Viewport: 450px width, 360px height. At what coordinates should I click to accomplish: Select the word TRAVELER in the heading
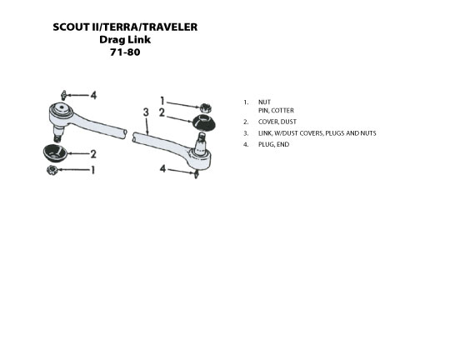pyautogui.click(x=170, y=27)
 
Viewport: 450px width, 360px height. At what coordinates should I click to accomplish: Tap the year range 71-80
pyautogui.click(x=125, y=52)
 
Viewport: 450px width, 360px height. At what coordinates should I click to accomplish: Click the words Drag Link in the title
pyautogui.click(x=125, y=40)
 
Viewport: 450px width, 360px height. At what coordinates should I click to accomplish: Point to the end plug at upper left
pyautogui.click(x=63, y=95)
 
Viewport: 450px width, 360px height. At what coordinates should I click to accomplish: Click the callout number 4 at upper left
pyautogui.click(x=93, y=95)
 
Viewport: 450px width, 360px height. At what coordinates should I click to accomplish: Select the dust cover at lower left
pyautogui.click(x=55, y=152)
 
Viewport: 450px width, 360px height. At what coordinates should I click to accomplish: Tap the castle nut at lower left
pyautogui.click(x=52, y=171)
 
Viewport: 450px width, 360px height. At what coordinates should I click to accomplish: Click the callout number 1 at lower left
pyautogui.click(x=92, y=170)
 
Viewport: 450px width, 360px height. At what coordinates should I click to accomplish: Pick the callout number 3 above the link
pyautogui.click(x=146, y=112)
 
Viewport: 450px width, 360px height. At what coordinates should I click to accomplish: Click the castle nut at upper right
pyautogui.click(x=206, y=107)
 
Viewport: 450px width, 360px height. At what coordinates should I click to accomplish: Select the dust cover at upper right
pyautogui.click(x=203, y=122)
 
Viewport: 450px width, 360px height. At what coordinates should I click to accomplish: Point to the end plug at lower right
pyautogui.click(x=197, y=173)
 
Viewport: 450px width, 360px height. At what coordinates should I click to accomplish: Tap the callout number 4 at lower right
pyautogui.click(x=162, y=169)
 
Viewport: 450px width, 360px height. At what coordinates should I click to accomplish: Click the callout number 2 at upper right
pyautogui.click(x=162, y=112)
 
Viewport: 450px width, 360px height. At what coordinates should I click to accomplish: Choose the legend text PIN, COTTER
pyautogui.click(x=276, y=111)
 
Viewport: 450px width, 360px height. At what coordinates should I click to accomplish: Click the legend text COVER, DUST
pyautogui.click(x=277, y=122)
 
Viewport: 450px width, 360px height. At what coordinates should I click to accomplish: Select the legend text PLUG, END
pyautogui.click(x=274, y=144)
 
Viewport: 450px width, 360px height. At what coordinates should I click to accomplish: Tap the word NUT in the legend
pyautogui.click(x=264, y=102)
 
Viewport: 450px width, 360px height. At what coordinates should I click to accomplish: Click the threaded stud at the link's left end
pyautogui.click(x=58, y=134)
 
